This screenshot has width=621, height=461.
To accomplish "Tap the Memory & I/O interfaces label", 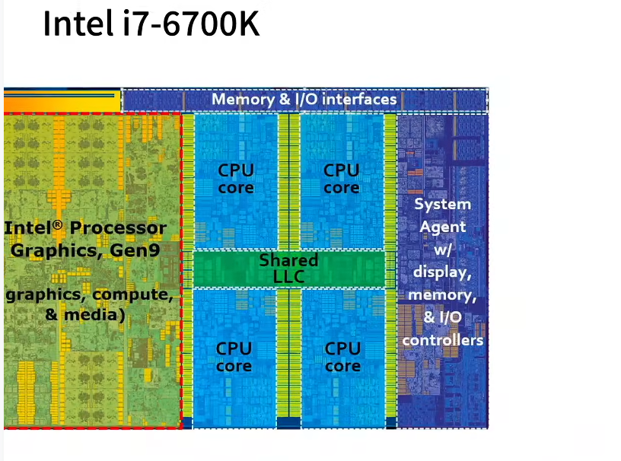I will (x=304, y=100).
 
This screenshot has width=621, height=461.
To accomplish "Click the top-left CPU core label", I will (x=235, y=178).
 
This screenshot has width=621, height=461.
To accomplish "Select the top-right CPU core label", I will (x=341, y=178).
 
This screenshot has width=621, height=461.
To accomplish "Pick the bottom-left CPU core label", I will (x=234, y=357).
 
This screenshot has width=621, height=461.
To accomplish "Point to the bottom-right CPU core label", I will (x=342, y=357).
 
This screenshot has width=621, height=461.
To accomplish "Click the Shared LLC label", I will (x=288, y=268).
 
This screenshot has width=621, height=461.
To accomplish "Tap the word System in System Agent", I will (x=442, y=204).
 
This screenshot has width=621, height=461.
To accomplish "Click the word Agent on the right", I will (x=442, y=226).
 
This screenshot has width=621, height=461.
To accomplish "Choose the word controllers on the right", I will (x=442, y=339).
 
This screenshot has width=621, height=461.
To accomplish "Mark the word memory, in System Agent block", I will (x=442, y=294).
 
